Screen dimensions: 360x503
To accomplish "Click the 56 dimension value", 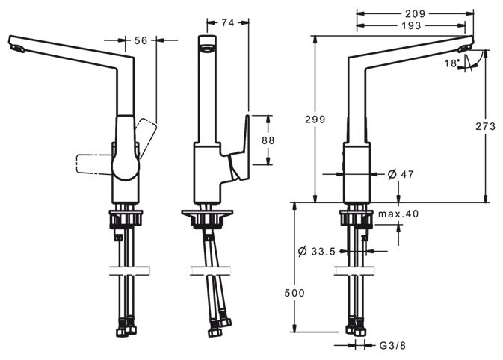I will [x=140, y=40].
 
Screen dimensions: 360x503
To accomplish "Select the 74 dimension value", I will [x=228, y=22].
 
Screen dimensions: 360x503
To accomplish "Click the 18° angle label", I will [x=451, y=63].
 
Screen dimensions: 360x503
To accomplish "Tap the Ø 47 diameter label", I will [x=401, y=174].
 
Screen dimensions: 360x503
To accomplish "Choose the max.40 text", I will [x=398, y=214].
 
